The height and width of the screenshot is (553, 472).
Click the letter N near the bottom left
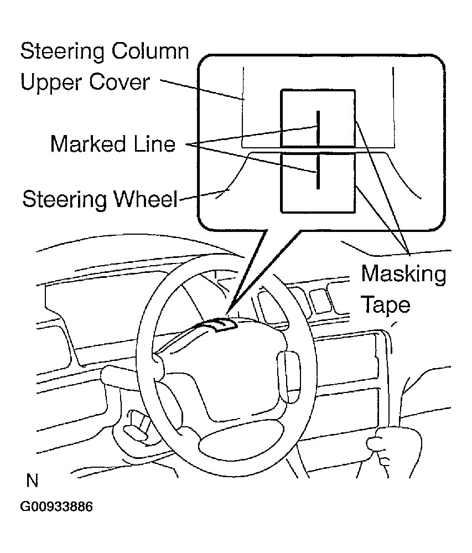pyautogui.click(x=32, y=481)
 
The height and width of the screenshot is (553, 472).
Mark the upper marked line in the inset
pyautogui.click(x=318, y=128)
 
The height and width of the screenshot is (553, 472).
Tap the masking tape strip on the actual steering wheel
pyautogui.click(x=219, y=324)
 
